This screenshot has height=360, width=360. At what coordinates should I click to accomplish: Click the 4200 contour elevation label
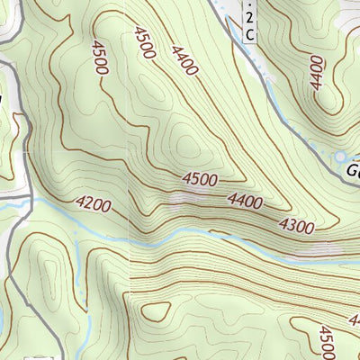(94, 205)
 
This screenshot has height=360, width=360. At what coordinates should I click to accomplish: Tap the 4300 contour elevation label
(296, 225)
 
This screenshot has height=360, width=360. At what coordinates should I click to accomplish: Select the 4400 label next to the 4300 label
(247, 202)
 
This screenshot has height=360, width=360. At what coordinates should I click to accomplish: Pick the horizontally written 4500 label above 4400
(199, 180)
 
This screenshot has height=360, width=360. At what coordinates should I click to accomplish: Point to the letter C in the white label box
(249, 34)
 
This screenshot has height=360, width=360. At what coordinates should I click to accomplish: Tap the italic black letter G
(352, 169)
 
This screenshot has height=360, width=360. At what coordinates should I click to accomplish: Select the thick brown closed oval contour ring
(156, 310)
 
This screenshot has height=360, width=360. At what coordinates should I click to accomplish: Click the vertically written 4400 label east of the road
(315, 72)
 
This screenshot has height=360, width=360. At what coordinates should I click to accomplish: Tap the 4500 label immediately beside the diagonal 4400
(145, 42)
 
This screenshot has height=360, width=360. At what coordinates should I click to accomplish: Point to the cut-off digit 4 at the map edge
(355, 319)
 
